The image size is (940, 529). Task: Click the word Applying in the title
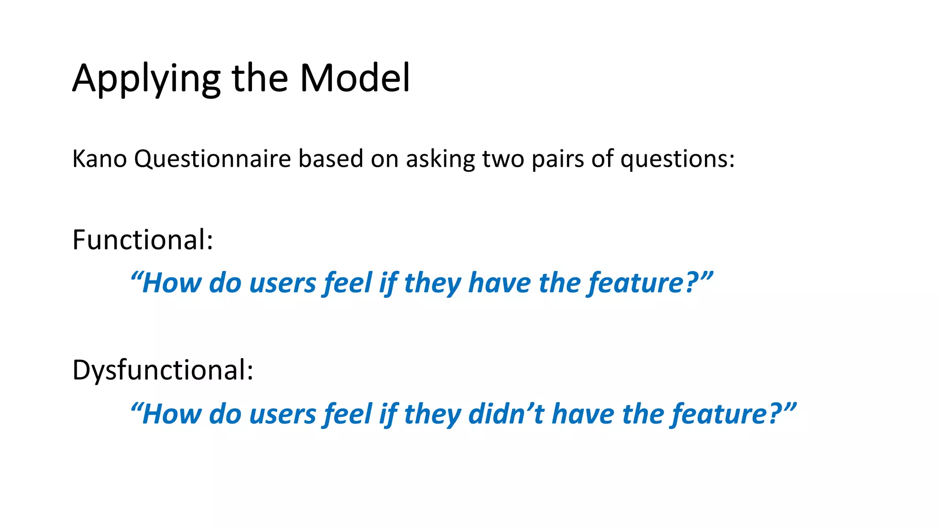coord(146,79)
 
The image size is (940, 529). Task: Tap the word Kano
coord(99,159)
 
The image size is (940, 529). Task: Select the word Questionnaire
coord(213,159)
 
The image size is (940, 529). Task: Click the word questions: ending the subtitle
coord(677,159)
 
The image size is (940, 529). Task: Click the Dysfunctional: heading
coord(162,370)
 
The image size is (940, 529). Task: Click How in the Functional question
coord(171,283)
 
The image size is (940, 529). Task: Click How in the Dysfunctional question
coord(171,414)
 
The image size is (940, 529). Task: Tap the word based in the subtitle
coord(330,159)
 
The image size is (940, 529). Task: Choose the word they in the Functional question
coord(432,283)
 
